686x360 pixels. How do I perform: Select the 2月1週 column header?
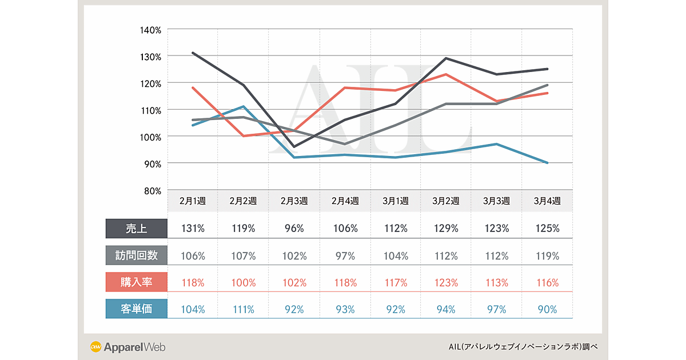click(x=193, y=201)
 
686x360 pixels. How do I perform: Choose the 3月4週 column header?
click(x=547, y=201)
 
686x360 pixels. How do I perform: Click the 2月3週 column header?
click(x=294, y=201)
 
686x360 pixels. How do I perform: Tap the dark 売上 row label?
click(x=136, y=229)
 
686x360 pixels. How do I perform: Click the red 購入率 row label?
click(x=136, y=283)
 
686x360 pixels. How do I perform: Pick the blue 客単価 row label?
click(x=136, y=310)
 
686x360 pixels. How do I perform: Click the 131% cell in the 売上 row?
click(x=193, y=229)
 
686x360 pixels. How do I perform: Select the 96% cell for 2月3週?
click(x=294, y=229)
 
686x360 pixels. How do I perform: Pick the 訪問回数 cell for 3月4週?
click(x=547, y=256)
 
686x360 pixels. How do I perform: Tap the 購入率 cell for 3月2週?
click(x=446, y=283)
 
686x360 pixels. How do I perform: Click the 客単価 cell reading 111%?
click(x=244, y=310)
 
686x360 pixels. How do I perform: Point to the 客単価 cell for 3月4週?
click(x=547, y=310)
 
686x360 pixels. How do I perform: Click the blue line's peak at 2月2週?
click(x=244, y=106)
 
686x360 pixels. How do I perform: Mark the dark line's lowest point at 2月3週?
click(x=294, y=147)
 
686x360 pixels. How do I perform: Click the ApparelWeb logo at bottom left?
click(x=127, y=347)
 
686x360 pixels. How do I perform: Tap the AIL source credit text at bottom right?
click(x=524, y=347)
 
